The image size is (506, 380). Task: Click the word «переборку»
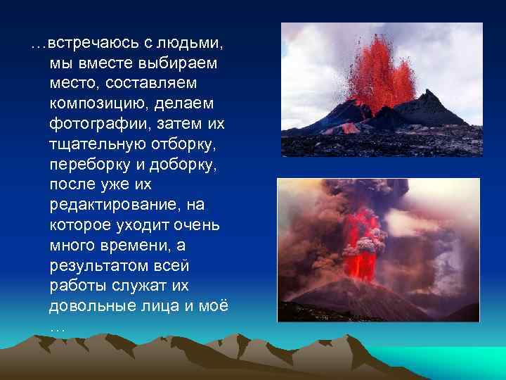click(x=90, y=165)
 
